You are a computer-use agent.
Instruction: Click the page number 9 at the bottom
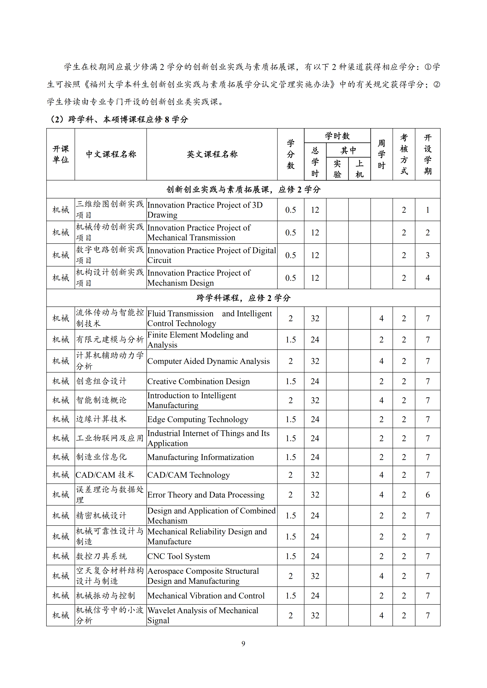pos(243,643)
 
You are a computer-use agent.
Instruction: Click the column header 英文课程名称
pos(212,154)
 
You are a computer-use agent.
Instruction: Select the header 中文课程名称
pos(111,154)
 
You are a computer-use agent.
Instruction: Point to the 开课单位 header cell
pos(61,154)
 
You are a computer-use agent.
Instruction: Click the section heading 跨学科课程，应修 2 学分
pos(243,298)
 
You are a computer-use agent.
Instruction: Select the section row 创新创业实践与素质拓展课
pos(243,189)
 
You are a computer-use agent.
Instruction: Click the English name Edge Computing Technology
pos(198,419)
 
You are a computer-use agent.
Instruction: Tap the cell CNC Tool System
pos(179,556)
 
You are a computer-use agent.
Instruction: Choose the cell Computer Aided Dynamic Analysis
pos(208,361)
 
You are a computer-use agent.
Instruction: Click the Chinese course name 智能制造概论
pos(101,400)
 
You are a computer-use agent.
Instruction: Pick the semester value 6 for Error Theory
pos(428,495)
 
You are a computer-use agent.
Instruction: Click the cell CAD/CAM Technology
pos(189,475)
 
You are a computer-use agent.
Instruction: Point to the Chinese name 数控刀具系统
pos(101,556)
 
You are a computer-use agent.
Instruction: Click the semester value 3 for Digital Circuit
pos(428,255)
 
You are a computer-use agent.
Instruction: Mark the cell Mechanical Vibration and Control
pos(206,596)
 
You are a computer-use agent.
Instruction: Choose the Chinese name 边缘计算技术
pos(101,419)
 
